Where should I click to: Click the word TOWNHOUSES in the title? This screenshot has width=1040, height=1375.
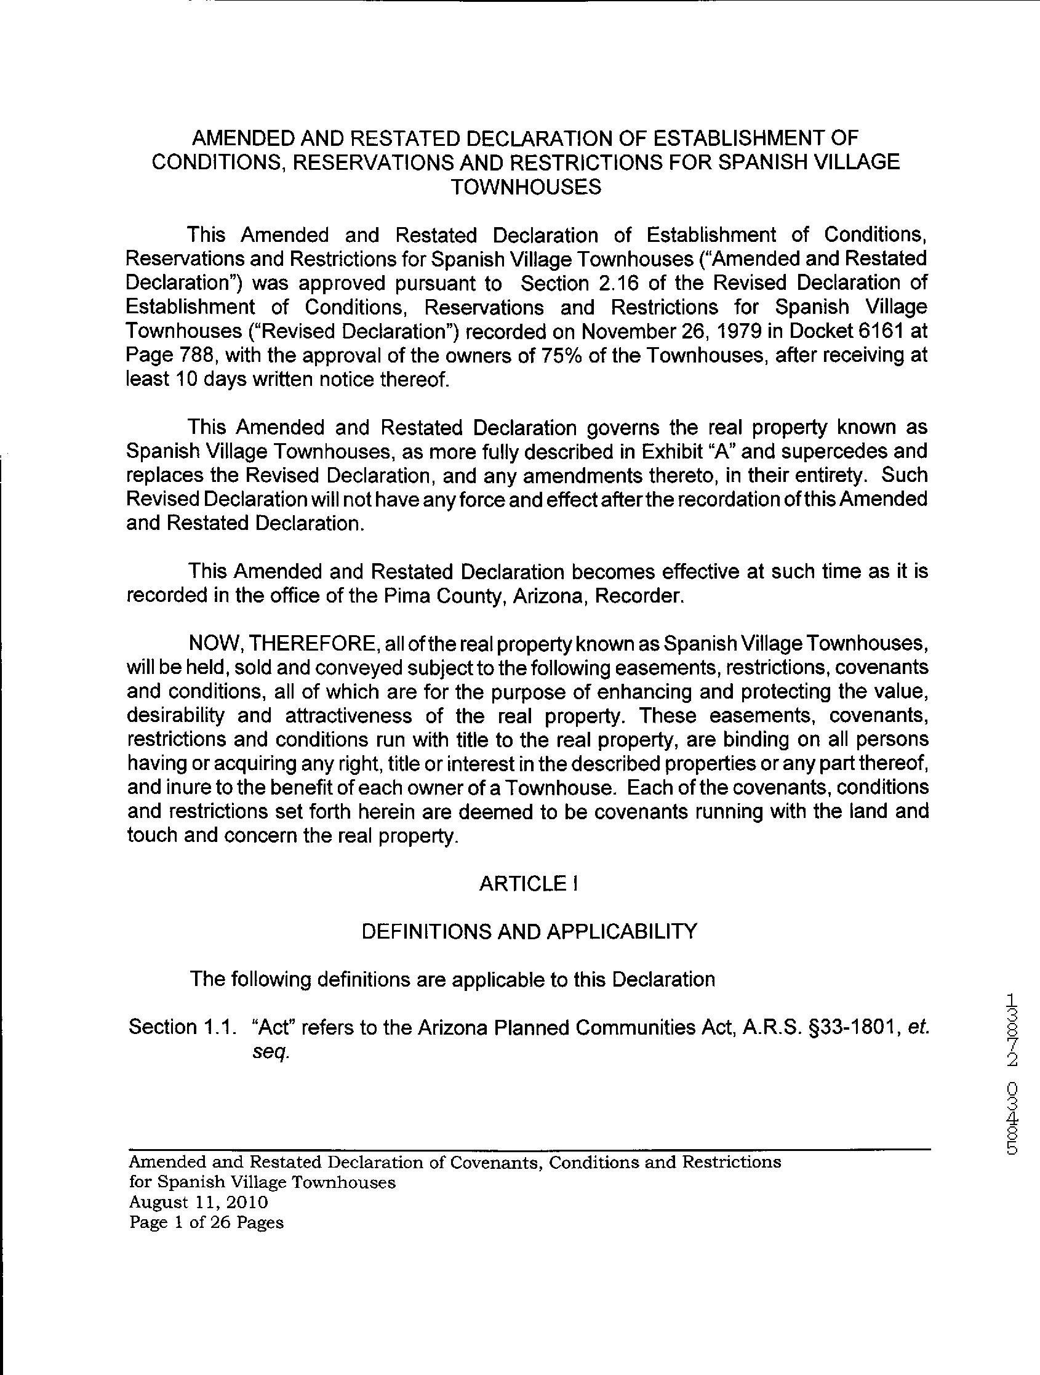[526, 186]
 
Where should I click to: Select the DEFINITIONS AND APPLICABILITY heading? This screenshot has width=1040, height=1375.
[529, 931]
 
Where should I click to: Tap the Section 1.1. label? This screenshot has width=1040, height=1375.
[183, 1027]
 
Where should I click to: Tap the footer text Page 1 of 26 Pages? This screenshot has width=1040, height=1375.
[206, 1222]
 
